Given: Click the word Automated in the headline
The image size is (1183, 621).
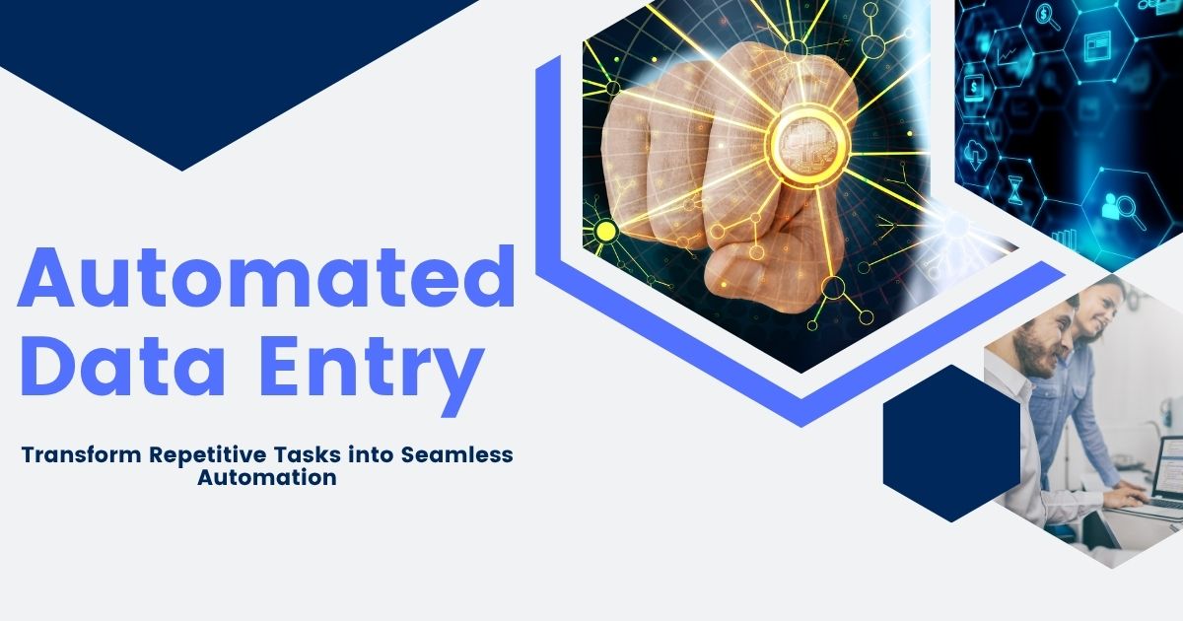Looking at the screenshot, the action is pyautogui.click(x=266, y=276).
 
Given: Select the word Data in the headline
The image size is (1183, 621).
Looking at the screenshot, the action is pyautogui.click(x=123, y=366).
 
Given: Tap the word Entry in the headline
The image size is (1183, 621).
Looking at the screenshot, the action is pyautogui.click(x=372, y=376).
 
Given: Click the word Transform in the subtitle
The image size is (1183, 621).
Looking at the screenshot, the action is pyautogui.click(x=81, y=454).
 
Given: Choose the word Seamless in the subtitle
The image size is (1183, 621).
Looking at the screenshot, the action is pyautogui.click(x=457, y=454).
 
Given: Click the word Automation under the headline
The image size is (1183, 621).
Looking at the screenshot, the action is pyautogui.click(x=267, y=477).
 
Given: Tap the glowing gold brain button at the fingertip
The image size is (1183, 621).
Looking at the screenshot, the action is pyautogui.click(x=807, y=144).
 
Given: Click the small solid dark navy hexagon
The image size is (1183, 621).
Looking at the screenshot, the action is pyautogui.click(x=951, y=443).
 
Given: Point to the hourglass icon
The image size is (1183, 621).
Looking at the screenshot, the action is pyautogui.click(x=1014, y=190).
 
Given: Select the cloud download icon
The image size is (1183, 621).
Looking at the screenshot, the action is pyautogui.click(x=973, y=155).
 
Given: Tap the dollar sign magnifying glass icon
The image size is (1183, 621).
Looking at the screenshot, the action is pyautogui.click(x=1048, y=17).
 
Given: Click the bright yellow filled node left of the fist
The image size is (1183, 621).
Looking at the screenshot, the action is pyautogui.click(x=605, y=232).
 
